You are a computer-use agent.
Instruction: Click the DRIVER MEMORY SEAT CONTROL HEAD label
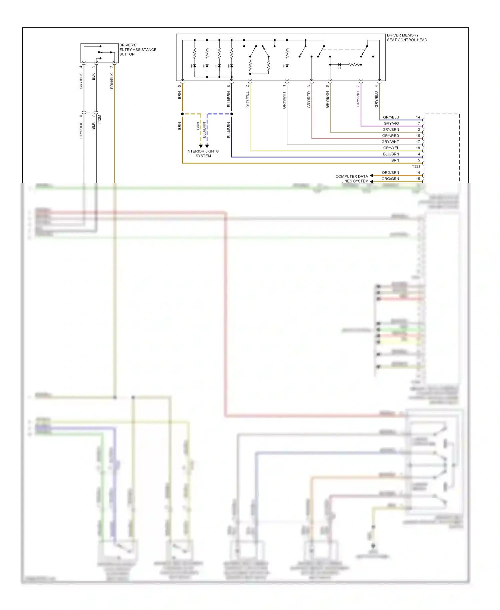click(407, 37)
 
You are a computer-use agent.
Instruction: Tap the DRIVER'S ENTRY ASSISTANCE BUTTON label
click(137, 49)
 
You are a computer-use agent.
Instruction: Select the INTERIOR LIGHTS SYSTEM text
click(203, 154)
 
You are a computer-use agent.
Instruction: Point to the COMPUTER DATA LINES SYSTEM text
click(352, 179)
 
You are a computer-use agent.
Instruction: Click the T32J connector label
click(416, 166)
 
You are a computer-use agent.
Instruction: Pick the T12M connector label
click(99, 119)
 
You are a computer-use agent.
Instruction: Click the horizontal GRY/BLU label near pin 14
click(391, 117)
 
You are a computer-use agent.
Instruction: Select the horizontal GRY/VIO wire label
click(391, 123)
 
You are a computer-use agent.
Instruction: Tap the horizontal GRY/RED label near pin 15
click(390, 136)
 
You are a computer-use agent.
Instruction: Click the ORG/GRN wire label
click(390, 179)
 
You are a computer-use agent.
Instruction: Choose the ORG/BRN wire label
click(390, 173)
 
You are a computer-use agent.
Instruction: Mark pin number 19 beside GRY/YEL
click(418, 148)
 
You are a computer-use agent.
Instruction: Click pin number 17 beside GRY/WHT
click(418, 142)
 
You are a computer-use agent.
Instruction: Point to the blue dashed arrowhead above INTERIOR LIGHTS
click(207, 146)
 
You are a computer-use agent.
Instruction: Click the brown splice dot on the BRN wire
click(182, 114)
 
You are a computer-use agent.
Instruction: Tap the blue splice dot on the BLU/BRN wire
click(232, 114)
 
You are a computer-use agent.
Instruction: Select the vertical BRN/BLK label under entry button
click(112, 81)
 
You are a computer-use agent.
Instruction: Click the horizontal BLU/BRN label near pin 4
click(391, 154)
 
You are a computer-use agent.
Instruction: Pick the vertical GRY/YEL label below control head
click(247, 99)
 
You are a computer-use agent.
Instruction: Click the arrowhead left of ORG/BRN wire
click(372, 176)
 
